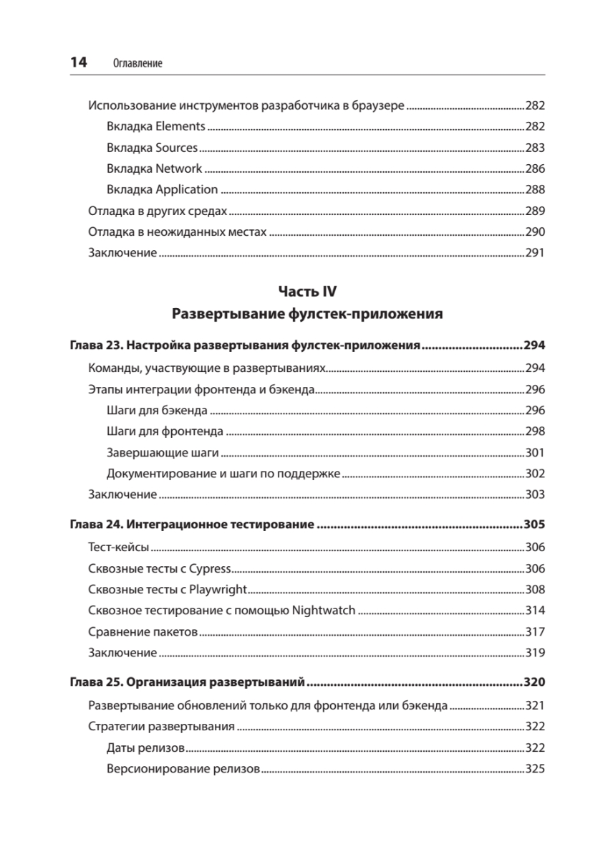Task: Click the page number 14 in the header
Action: pos(77,62)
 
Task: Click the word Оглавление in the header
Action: pos(138,64)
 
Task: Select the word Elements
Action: pos(180,127)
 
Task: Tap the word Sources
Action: pos(176,148)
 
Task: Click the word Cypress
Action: pos(211,569)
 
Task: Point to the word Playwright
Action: pos(219,590)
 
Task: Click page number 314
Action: pos(535,611)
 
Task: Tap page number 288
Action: pos(535,190)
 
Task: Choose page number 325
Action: pos(535,768)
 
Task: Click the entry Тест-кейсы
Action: pos(118,548)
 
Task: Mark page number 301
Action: pos(535,453)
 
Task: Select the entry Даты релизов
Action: pos(145,747)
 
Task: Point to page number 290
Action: pos(535,232)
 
